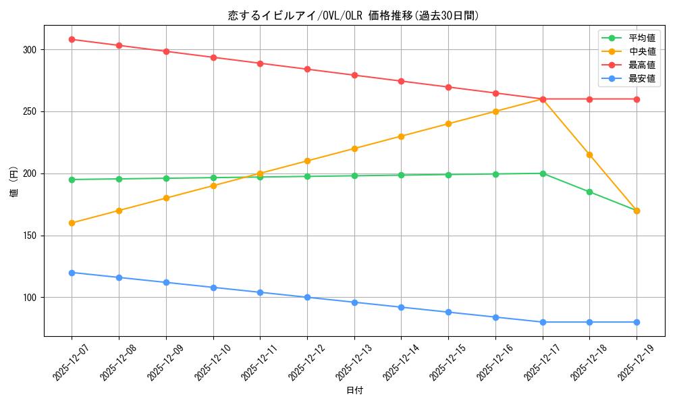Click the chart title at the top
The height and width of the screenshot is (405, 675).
pos(354,16)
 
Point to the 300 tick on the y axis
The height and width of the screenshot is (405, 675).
pos(30,50)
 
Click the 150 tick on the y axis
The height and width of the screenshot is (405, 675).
pos(30,236)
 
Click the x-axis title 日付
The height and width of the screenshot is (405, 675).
pos(354,391)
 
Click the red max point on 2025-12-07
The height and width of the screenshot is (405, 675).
pos(72,39)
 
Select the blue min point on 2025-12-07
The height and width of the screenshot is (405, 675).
pos(72,273)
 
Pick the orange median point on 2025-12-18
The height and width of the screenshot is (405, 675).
pos(589,155)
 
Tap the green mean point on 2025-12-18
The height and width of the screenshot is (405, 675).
pos(589,192)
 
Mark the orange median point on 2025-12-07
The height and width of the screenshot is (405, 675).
pos(72,223)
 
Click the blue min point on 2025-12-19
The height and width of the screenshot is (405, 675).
pos(637,322)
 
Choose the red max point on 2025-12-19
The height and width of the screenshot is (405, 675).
pos(637,99)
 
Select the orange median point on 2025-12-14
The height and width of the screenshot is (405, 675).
pos(401,136)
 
